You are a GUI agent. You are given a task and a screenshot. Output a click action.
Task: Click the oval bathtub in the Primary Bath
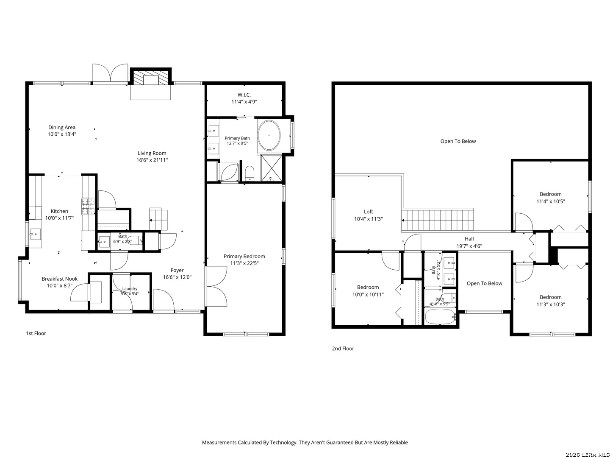[269, 135]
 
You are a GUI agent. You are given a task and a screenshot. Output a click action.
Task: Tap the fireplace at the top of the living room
[151, 77]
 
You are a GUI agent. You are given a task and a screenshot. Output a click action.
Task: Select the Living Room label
[152, 153]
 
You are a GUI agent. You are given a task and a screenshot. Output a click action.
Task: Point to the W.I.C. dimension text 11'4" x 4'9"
[244, 102]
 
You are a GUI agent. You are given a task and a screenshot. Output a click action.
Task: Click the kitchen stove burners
[88, 206]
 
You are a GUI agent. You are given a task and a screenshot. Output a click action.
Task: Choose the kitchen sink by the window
[35, 234]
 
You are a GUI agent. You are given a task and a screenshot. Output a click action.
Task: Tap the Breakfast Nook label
[59, 279]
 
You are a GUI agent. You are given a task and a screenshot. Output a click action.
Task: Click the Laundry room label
[130, 289]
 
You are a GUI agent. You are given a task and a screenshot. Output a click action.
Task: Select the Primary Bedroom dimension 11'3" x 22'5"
[244, 263]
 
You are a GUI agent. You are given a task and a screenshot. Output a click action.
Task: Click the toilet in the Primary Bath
[250, 173]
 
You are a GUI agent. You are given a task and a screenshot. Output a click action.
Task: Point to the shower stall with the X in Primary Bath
[271, 168]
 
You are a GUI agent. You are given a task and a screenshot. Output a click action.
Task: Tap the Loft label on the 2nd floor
[368, 212]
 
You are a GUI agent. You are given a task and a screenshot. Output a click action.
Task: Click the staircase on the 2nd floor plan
[438, 220]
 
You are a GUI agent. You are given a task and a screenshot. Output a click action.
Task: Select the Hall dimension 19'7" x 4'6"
[469, 246]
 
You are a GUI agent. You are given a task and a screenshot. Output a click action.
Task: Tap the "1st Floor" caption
[36, 333]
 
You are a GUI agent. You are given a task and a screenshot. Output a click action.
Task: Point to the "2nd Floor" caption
[343, 349]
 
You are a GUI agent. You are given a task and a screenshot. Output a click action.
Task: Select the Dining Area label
[62, 127]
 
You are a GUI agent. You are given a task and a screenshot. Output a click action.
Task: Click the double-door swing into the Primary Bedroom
[216, 286]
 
